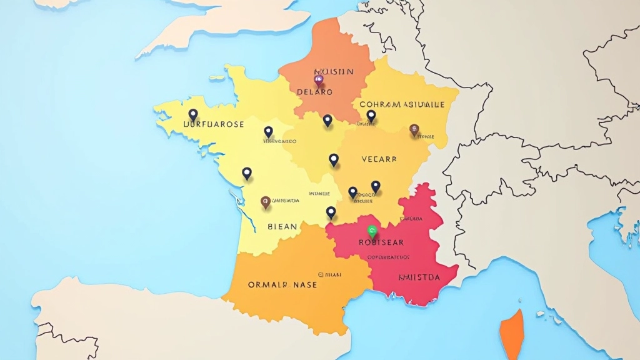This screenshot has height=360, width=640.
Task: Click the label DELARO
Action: [x=314, y=92]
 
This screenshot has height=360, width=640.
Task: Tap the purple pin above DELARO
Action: [x=318, y=79]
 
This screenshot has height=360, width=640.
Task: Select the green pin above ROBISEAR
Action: [x=372, y=231]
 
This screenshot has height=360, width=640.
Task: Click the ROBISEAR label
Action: [x=381, y=242]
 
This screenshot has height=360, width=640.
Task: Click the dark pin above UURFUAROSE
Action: [x=193, y=115]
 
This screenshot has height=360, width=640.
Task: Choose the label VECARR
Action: [x=379, y=159]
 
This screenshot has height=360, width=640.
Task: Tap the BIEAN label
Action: [x=282, y=226]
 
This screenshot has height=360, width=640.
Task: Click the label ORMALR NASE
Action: [x=282, y=284]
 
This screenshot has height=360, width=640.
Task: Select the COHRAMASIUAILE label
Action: [x=402, y=104]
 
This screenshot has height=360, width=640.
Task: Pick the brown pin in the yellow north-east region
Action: [x=414, y=129]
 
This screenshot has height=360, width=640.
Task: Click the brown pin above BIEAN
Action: [x=266, y=202]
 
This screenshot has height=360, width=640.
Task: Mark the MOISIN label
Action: [x=334, y=72]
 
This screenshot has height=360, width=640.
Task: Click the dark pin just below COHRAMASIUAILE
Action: [x=371, y=116]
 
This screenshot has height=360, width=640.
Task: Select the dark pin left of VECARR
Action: [x=334, y=160]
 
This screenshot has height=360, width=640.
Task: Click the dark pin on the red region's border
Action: [x=331, y=212]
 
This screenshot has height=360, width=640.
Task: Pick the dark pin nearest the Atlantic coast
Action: [x=247, y=173]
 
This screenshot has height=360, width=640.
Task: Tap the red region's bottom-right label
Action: [x=418, y=277]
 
